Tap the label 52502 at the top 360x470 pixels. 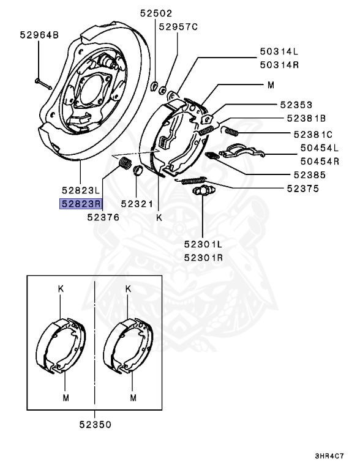pos(155,13)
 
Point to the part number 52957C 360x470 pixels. pos(179,27)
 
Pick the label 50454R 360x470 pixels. pos(318,162)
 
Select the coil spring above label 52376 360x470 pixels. pos(124,165)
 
